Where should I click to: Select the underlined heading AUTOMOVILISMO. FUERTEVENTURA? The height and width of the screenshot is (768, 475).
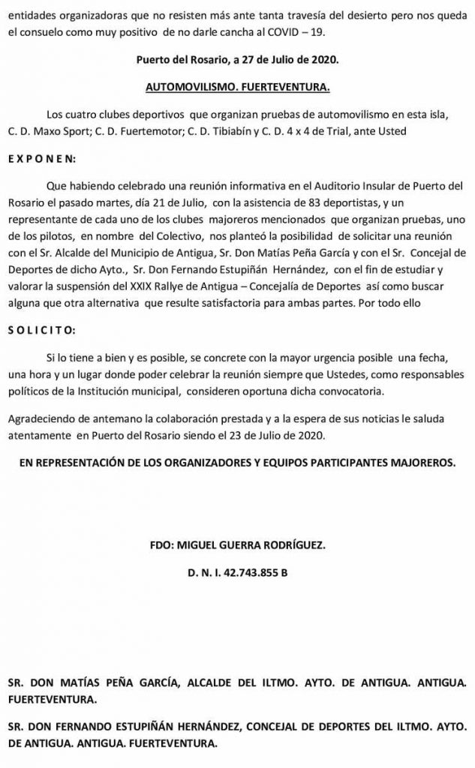[237, 88]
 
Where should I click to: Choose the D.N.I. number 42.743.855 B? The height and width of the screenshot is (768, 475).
[237, 573]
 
